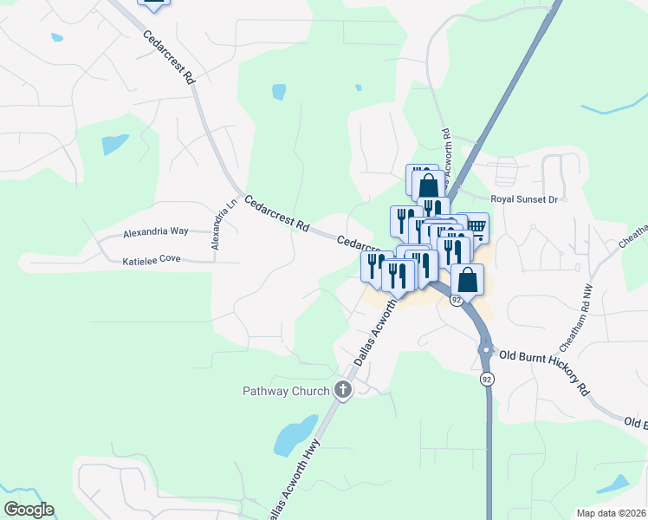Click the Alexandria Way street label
155,232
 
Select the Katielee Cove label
151,260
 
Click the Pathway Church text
285,391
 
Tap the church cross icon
343,390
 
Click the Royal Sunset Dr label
523,199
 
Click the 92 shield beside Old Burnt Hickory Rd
487,380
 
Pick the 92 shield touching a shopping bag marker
456,300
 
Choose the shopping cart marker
476,228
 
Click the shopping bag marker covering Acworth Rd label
428,185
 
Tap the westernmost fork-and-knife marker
376,265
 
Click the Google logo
29,510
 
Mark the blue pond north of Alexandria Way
114,144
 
